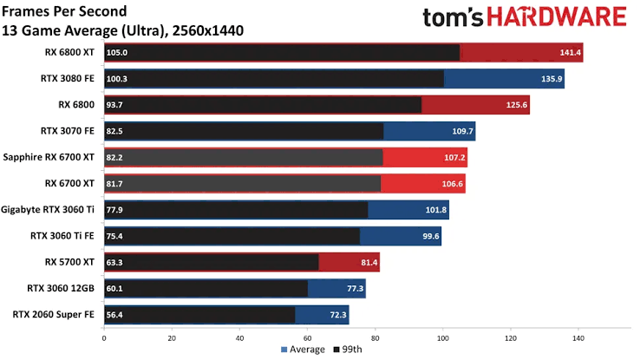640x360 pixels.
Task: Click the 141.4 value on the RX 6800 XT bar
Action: coord(571,53)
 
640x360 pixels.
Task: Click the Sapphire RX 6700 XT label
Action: coord(49,158)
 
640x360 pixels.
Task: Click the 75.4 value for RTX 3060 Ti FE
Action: coord(115,236)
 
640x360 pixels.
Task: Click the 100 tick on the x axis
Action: coord(443,337)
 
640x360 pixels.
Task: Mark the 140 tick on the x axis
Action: coord(578,337)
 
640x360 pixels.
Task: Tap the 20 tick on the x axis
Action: coord(172,337)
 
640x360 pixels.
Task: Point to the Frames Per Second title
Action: coord(64,11)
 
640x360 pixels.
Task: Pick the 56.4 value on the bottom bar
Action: coord(115,315)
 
